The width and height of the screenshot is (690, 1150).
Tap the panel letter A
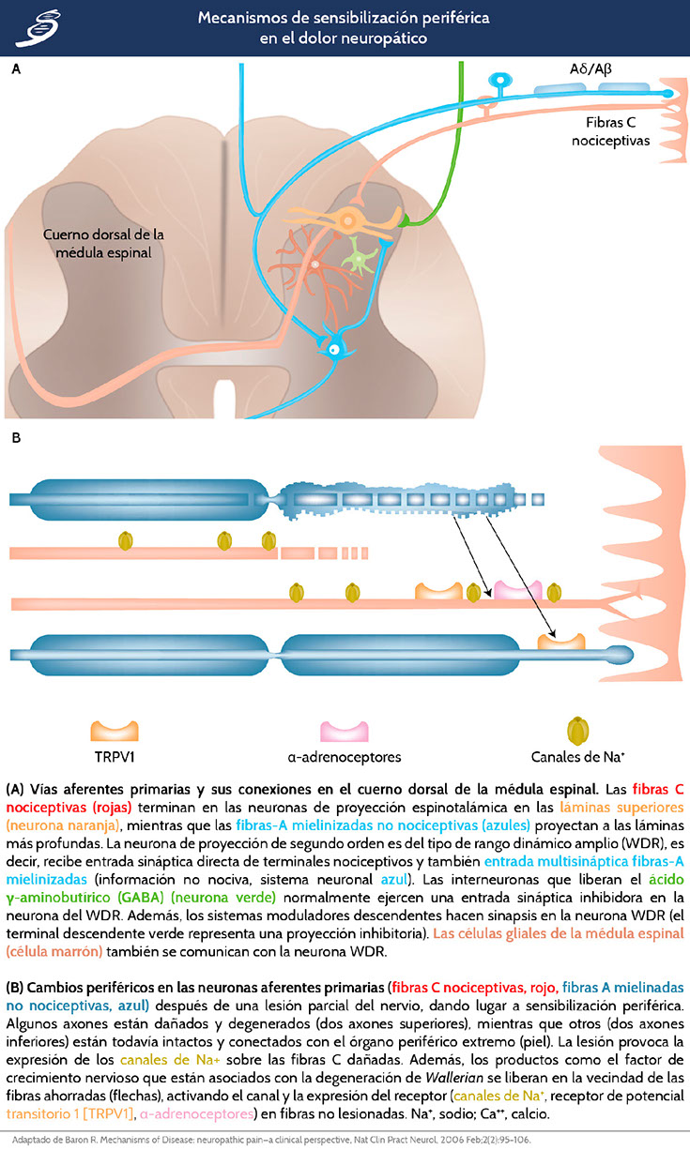[x=16, y=69]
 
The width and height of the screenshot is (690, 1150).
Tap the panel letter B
[x=16, y=437]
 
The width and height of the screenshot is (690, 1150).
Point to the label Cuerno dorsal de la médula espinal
[x=97, y=244]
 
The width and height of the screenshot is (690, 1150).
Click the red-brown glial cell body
[x=315, y=265]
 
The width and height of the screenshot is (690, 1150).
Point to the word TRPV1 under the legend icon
[x=114, y=757]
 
